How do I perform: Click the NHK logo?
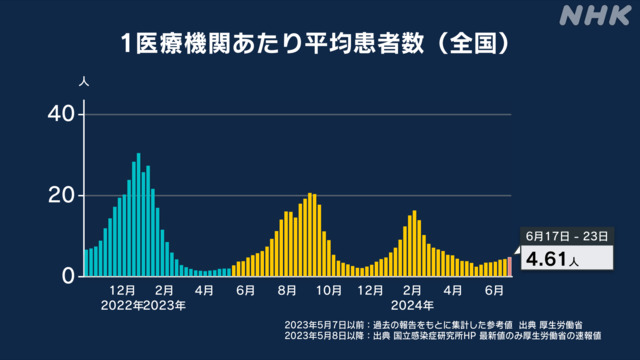(595, 16)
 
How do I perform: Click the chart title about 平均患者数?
(315, 43)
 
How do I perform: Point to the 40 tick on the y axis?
(62, 114)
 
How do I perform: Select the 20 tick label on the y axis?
(62, 196)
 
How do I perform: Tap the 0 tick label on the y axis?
(69, 276)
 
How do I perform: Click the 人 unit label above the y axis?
(84, 82)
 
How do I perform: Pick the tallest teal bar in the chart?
(138, 215)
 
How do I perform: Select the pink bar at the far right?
(509, 267)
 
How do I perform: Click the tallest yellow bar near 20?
(310, 235)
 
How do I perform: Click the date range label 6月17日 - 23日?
(567, 236)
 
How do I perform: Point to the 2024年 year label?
(412, 305)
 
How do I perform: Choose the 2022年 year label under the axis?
(122, 305)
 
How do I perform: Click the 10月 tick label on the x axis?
(329, 290)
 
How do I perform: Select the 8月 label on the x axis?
(287, 290)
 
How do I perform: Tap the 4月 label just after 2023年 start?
(204, 290)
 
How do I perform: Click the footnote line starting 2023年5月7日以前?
(433, 325)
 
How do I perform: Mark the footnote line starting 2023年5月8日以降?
(442, 336)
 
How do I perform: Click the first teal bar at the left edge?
(86, 263)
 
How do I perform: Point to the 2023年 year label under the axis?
(164, 305)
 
